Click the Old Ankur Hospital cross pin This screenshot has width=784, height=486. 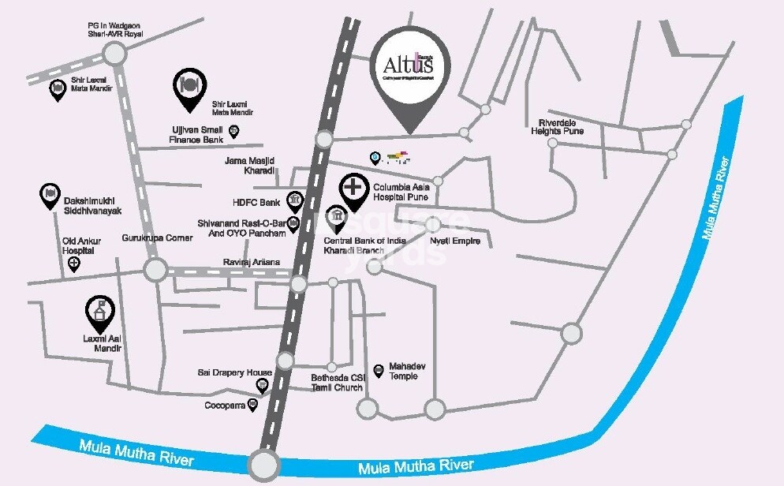[74, 264]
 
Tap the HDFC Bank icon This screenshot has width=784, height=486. [294, 199]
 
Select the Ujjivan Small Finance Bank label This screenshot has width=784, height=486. [197, 134]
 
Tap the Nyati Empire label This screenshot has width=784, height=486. [454, 241]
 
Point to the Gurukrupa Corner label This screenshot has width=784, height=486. [158, 238]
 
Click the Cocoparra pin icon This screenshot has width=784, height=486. [252, 405]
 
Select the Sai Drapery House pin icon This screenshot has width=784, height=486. [262, 386]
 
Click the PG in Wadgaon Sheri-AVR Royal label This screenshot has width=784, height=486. [117, 29]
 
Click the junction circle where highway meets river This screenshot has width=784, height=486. [263, 464]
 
